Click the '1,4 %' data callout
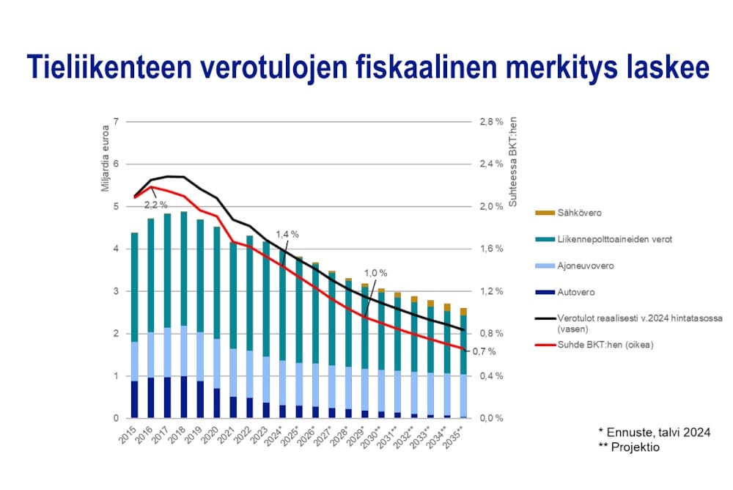287,234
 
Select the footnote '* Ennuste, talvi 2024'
654,432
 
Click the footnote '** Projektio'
628,447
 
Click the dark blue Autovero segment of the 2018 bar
183,397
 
